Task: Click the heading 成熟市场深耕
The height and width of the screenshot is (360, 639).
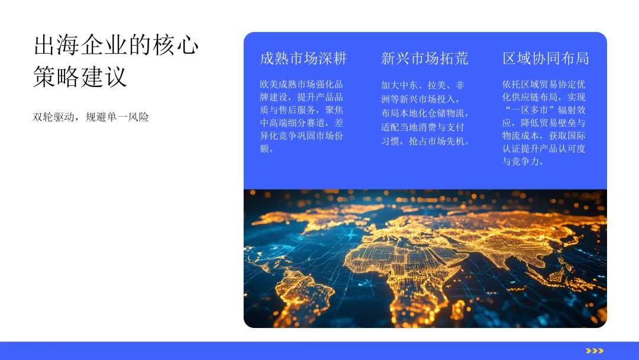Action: (x=303, y=58)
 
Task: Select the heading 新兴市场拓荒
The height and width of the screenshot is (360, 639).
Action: (x=425, y=58)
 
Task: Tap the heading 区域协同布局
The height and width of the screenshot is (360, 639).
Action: (x=546, y=58)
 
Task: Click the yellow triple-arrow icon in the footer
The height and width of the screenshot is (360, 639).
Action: (x=595, y=351)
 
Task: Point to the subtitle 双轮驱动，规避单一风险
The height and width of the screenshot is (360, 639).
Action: (x=91, y=117)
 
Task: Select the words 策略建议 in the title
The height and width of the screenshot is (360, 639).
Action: (x=80, y=76)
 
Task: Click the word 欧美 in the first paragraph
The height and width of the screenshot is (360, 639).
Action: (x=269, y=85)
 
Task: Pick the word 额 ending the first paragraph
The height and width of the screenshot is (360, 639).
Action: (x=264, y=149)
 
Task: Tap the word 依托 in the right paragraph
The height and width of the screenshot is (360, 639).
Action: (x=511, y=85)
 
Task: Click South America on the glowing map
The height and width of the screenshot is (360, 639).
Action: (x=304, y=291)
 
